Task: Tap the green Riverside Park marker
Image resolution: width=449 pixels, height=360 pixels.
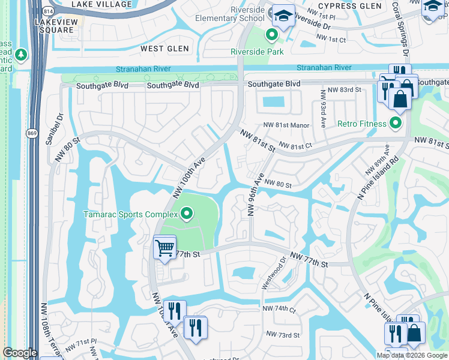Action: click(x=271, y=36)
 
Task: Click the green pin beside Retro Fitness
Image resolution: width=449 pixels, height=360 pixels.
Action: click(x=395, y=124)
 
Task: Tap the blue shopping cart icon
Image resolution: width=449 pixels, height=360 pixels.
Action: click(x=164, y=247)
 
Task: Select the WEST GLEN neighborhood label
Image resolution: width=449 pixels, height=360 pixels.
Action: click(x=164, y=49)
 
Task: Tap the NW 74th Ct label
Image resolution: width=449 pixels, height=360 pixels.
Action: click(x=280, y=308)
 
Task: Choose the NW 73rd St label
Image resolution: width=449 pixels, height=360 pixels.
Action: click(x=282, y=334)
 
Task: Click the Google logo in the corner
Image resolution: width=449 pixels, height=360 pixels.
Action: click(x=20, y=353)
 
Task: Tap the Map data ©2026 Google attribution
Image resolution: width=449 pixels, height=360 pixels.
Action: click(x=411, y=355)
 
